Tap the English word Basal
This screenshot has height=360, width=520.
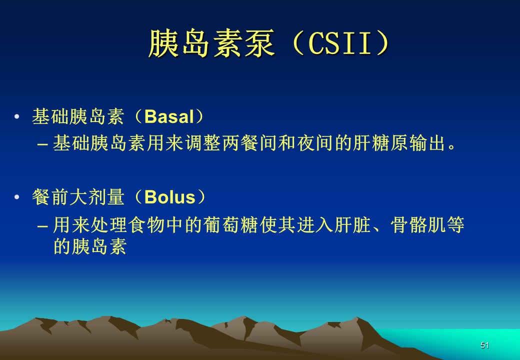point(169,116)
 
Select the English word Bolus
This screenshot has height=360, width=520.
point(170,197)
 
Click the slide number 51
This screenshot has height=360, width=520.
point(484,345)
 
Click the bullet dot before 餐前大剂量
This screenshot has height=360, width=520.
point(16,197)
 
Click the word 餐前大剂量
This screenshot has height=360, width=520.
point(78,197)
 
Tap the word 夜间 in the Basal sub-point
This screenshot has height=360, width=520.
point(315,143)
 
